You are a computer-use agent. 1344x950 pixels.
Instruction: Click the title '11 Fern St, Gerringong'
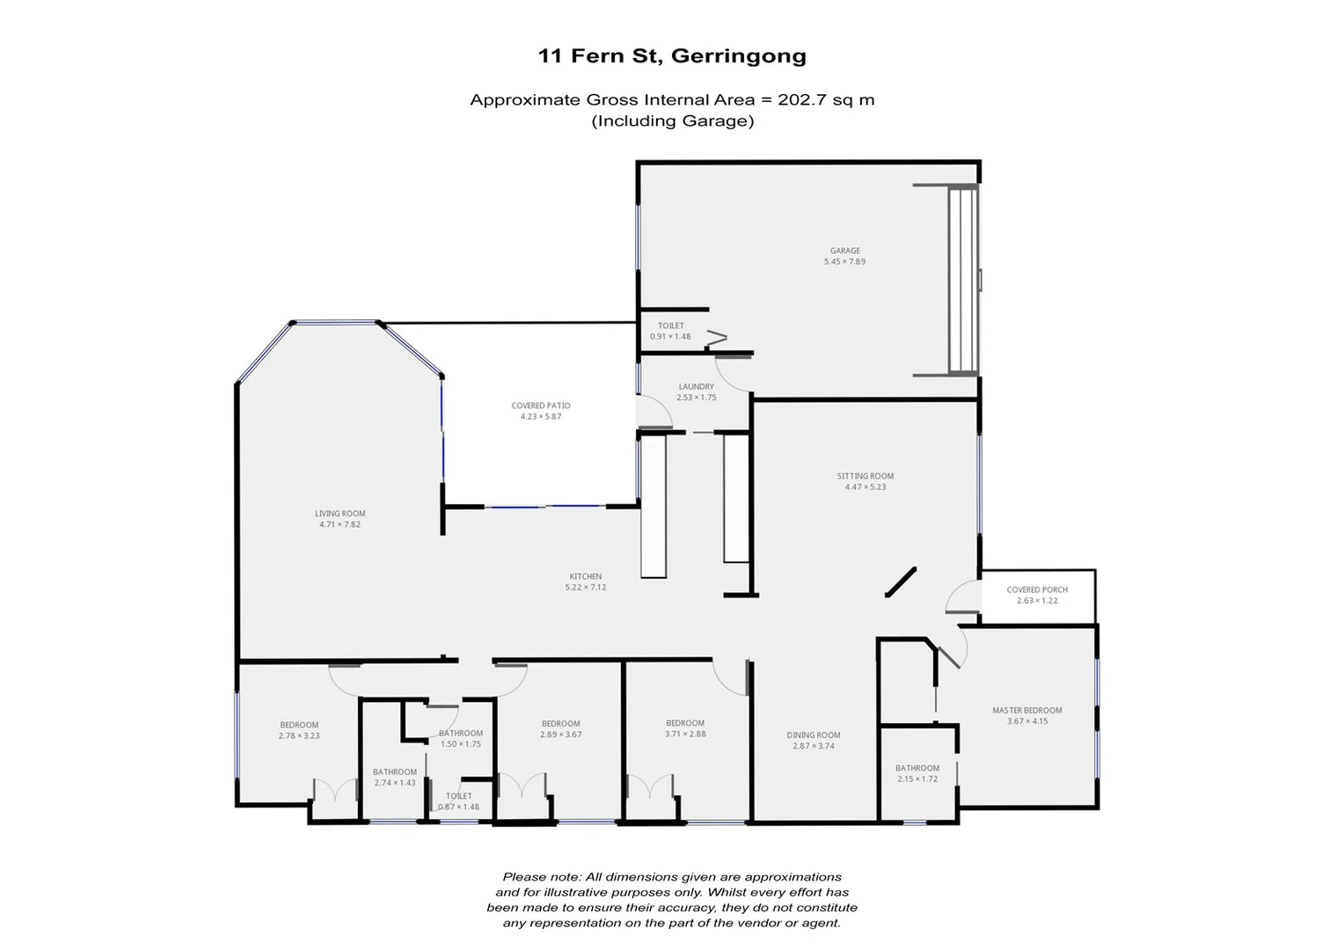672,56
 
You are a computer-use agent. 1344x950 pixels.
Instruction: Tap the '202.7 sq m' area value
825,99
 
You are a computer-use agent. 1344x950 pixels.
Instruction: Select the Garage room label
844,251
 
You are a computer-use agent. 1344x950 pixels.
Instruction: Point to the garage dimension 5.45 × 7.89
844,262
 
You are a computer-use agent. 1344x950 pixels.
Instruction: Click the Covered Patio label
541,406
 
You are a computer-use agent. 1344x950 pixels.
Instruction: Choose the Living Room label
340,514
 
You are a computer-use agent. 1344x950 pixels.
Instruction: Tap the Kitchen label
585,576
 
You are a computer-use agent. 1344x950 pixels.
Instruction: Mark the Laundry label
696,386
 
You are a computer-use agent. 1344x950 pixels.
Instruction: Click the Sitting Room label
865,476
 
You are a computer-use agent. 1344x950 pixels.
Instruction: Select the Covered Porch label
1037,589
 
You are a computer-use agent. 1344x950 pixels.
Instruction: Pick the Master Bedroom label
1026,710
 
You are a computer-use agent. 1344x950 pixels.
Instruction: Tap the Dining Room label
813,734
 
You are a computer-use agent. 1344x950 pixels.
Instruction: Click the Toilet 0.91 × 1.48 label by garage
670,331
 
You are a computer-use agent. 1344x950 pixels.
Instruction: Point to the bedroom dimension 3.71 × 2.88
685,734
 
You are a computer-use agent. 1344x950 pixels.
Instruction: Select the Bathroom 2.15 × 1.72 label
917,773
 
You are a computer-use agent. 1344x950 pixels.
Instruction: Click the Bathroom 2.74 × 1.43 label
394,777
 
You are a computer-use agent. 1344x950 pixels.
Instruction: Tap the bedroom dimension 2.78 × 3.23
299,736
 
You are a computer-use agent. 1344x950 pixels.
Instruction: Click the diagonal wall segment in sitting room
901,582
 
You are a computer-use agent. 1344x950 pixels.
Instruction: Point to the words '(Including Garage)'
672,121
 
